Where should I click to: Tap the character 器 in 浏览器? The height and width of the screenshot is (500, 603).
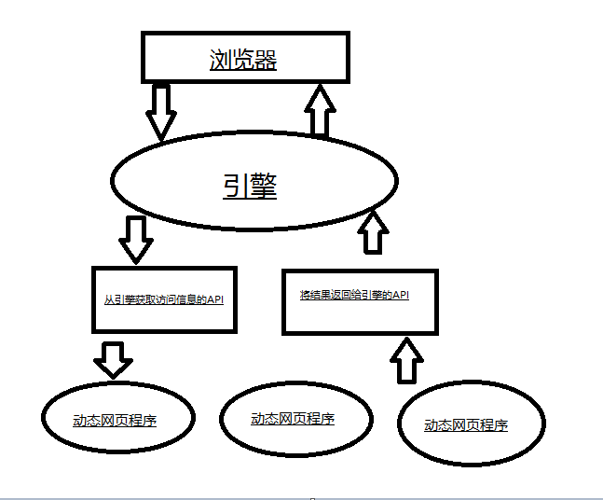[x=267, y=61]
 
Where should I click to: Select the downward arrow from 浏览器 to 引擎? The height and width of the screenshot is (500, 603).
[x=162, y=111]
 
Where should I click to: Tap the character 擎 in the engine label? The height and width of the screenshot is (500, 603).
[x=264, y=186]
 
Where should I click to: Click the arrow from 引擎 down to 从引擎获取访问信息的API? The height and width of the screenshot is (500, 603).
[x=136, y=239]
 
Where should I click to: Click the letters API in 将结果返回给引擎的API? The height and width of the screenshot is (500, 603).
[x=400, y=296]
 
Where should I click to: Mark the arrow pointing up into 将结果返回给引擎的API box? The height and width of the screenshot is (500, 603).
[x=406, y=359]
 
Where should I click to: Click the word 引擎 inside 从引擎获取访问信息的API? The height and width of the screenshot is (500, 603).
[x=122, y=300]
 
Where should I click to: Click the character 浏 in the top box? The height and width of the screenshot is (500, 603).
[x=220, y=61]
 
